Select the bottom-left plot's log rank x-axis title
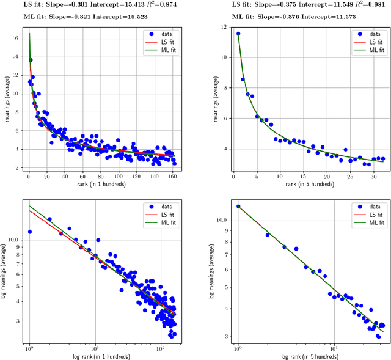click(x=100, y=355)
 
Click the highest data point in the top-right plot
click(x=238, y=34)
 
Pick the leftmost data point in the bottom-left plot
click(x=30, y=232)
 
